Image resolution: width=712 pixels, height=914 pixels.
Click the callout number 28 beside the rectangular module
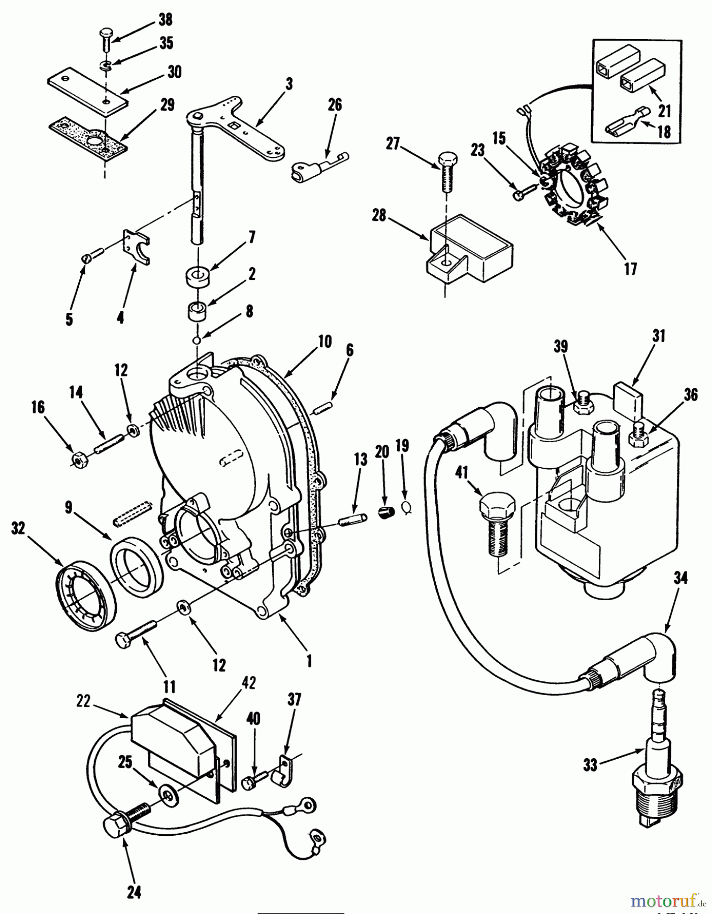pyautogui.click(x=378, y=216)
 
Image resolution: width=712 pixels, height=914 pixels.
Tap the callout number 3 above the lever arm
pyautogui.click(x=289, y=83)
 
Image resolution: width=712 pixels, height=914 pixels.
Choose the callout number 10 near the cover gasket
pyautogui.click(x=325, y=342)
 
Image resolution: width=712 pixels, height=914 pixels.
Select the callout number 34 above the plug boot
pyautogui.click(x=680, y=578)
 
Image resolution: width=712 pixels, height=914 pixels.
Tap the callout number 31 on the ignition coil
pyautogui.click(x=660, y=336)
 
